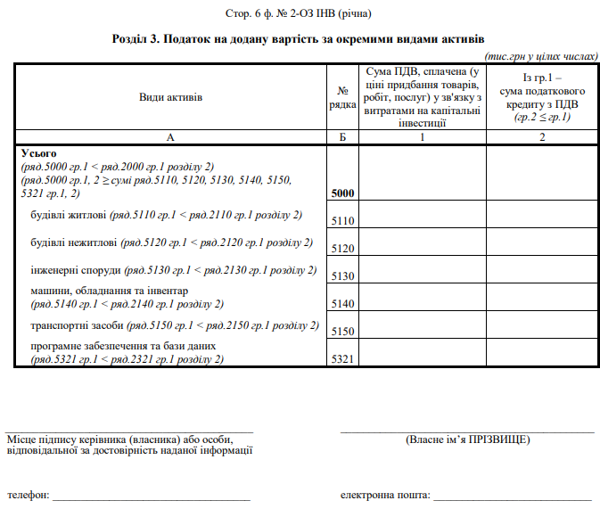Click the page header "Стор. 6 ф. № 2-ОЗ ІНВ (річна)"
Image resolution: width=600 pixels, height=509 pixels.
click(x=300, y=14)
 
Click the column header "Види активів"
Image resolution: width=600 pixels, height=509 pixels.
click(x=171, y=96)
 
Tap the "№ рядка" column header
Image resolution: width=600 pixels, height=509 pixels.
click(x=342, y=96)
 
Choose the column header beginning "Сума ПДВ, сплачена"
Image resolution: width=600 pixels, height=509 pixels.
click(x=422, y=96)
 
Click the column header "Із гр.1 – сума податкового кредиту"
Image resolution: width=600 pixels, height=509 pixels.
click(x=542, y=96)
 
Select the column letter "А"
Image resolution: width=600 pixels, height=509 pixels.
click(x=171, y=137)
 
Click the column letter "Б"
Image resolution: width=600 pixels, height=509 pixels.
click(x=342, y=137)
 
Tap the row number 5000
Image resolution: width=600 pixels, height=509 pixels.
click(x=342, y=193)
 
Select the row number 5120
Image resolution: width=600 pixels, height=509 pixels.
click(x=342, y=249)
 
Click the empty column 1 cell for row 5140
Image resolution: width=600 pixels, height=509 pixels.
click(x=422, y=297)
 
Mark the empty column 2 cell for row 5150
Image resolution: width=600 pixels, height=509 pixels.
click(x=542, y=324)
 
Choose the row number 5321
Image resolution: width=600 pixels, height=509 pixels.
click(x=342, y=359)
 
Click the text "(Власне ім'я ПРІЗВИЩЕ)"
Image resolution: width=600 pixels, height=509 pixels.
click(x=467, y=439)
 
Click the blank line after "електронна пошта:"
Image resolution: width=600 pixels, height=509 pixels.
click(x=512, y=495)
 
